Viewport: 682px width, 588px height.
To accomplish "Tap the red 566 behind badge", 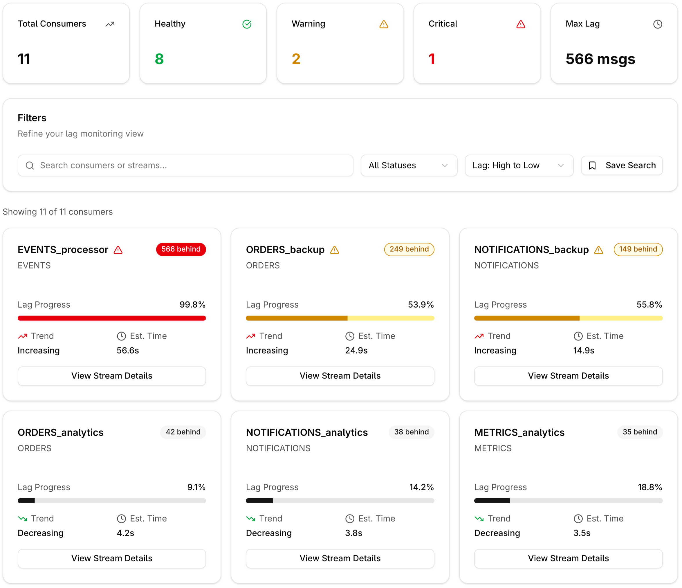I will point(181,249).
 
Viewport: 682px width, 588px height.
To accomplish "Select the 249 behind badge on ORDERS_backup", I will point(409,249).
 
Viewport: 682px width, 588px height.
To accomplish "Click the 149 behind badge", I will point(638,249).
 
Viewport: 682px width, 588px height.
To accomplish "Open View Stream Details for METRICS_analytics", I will point(568,558).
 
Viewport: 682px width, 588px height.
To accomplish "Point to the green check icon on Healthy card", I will point(247,24).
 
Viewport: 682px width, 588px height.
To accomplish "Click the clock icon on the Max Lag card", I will point(657,24).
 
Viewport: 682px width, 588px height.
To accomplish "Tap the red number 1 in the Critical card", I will point(432,59).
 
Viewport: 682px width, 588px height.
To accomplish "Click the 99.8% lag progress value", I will point(192,304).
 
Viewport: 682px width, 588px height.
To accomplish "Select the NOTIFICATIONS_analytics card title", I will point(306,432).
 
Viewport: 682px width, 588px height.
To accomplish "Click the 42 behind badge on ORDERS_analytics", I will point(183,432).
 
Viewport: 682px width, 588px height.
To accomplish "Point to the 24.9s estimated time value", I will point(356,350).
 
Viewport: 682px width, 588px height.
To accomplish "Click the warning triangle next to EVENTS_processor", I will point(118,250).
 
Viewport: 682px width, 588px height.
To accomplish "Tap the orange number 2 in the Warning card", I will point(296,59).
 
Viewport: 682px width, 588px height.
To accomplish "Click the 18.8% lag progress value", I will point(649,487).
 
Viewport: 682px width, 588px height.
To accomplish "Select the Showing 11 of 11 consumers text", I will point(57,212).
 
